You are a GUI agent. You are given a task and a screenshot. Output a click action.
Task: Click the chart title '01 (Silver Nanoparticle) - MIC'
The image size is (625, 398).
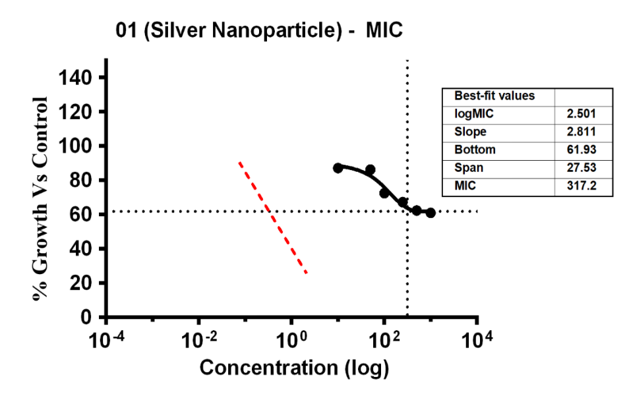[258, 30]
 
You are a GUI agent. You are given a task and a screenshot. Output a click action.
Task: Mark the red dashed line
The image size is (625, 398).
[272, 217]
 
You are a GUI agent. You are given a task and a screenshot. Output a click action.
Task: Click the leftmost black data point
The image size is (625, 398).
[338, 168]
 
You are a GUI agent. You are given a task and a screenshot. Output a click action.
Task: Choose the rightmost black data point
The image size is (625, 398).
[431, 213]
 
